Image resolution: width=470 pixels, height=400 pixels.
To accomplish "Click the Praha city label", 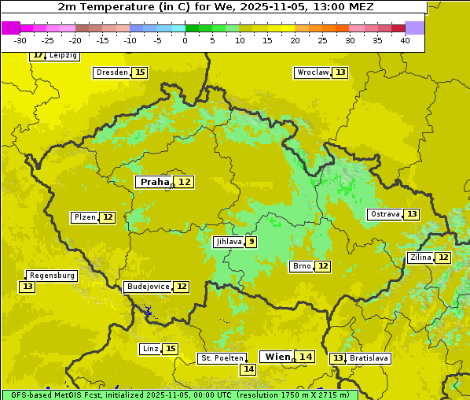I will pyautogui.click(x=154, y=182).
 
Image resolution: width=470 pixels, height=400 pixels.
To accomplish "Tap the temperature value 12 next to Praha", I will pyautogui.click(x=184, y=182).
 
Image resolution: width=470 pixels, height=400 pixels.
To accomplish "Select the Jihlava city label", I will pyautogui.click(x=228, y=242).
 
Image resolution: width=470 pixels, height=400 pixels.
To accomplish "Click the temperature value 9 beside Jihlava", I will pyautogui.click(x=251, y=242).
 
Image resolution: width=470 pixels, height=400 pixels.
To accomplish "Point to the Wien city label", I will pyautogui.click(x=277, y=357).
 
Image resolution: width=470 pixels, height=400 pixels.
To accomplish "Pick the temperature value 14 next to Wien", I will pyautogui.click(x=306, y=357).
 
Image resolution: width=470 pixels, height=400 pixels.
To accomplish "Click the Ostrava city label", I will pyautogui.click(x=384, y=214).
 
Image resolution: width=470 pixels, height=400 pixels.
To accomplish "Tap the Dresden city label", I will pyautogui.click(x=112, y=72).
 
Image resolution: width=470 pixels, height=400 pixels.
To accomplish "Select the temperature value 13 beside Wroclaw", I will pyautogui.click(x=340, y=72).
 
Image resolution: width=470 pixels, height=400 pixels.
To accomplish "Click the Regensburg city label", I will pyautogui.click(x=52, y=276).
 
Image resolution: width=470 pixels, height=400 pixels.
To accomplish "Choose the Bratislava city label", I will pyautogui.click(x=369, y=358).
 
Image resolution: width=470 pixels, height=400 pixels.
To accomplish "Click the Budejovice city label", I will pyautogui.click(x=148, y=287).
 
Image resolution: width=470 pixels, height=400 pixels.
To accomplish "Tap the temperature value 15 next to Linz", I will pyautogui.click(x=171, y=349).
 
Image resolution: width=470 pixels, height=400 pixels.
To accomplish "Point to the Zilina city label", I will pyautogui.click(x=420, y=257).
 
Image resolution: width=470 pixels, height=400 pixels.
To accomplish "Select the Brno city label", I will pyautogui.click(x=301, y=266).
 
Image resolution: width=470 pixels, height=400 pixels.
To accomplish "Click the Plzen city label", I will pyautogui.click(x=84, y=217).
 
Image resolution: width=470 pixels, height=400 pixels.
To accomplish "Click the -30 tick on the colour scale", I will pyautogui.click(x=20, y=40).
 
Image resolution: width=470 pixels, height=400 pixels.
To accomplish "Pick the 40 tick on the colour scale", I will pyautogui.click(x=405, y=40).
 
